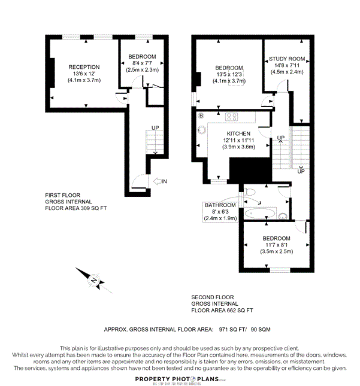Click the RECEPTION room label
click(x=84, y=66)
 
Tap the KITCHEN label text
click(x=238, y=133)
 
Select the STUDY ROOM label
click(x=288, y=59)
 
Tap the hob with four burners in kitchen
click(x=232, y=116)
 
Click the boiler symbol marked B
click(x=201, y=115)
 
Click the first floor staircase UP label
click(x=155, y=129)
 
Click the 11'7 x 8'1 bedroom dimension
click(x=277, y=245)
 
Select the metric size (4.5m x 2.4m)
click(x=288, y=72)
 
